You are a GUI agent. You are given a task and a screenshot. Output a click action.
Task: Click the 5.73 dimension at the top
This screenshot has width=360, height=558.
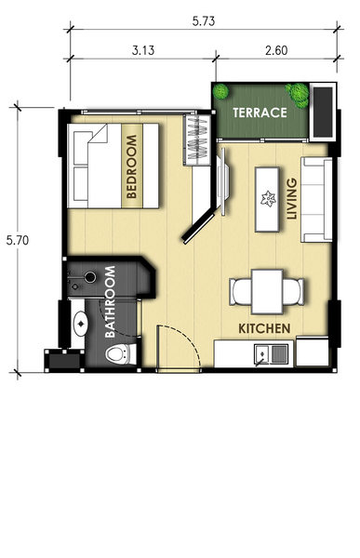[x=204, y=21]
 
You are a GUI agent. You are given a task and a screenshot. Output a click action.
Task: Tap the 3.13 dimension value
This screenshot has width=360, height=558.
[x=143, y=50]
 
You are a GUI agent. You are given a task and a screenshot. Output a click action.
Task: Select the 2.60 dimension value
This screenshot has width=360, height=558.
[x=276, y=50]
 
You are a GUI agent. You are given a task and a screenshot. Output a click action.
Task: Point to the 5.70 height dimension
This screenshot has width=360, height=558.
[x=18, y=240]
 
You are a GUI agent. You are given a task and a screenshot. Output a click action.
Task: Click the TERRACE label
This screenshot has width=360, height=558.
[x=260, y=113]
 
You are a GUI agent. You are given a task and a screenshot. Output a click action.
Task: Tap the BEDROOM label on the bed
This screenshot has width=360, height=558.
[x=131, y=166]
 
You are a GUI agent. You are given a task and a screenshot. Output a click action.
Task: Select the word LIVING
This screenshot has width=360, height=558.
[x=292, y=199]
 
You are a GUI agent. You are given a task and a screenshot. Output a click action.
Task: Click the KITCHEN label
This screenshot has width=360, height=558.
[x=264, y=328]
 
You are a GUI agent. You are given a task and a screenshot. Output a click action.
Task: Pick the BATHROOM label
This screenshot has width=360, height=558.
[x=110, y=301]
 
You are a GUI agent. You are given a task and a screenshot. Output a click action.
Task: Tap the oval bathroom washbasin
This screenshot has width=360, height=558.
[x=81, y=324]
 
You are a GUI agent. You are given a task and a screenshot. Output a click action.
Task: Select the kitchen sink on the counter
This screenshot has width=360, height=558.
[x=271, y=355]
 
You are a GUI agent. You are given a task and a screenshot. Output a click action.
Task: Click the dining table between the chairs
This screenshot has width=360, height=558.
[x=267, y=292]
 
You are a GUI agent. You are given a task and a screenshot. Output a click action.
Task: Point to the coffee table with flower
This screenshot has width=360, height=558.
[x=267, y=199]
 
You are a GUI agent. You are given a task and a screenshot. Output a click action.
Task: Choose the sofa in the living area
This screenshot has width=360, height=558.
[x=316, y=200]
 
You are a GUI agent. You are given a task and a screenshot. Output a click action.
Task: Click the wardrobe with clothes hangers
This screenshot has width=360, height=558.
[x=197, y=139]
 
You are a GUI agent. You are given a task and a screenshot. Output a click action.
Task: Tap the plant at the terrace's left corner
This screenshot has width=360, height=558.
[x=220, y=92]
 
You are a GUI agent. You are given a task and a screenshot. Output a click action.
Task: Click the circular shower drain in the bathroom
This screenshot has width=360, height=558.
[x=90, y=277]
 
